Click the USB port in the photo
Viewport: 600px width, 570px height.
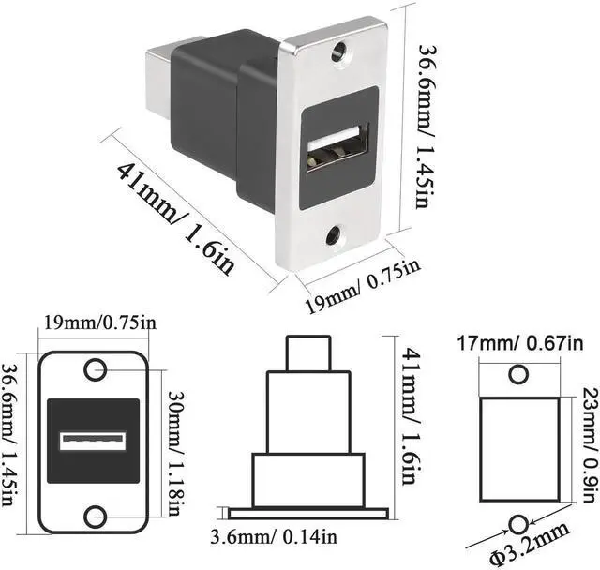[x=337, y=149]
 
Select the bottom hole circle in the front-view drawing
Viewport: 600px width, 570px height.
[x=95, y=516]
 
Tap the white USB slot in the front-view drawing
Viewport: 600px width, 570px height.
[x=94, y=441]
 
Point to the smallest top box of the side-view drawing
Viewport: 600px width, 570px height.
[x=308, y=354]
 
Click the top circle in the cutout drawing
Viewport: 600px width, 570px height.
[x=517, y=375]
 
